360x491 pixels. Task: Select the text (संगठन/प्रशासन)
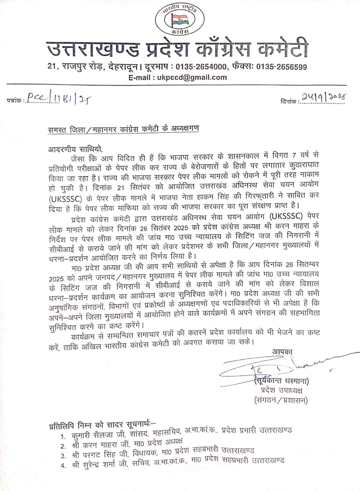click(x=281, y=401)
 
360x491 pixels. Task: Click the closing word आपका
click(x=282, y=351)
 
